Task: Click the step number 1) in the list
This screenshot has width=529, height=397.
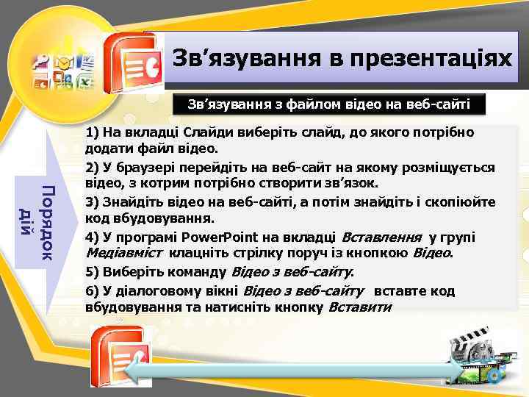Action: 92,134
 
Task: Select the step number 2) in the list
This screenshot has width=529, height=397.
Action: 92,168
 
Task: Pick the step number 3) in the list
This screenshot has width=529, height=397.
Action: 92,202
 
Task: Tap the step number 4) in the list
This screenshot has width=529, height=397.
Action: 92,237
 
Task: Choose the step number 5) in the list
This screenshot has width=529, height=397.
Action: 92,272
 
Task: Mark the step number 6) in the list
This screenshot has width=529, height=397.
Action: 92,290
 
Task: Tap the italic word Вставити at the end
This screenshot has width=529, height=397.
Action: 359,307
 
